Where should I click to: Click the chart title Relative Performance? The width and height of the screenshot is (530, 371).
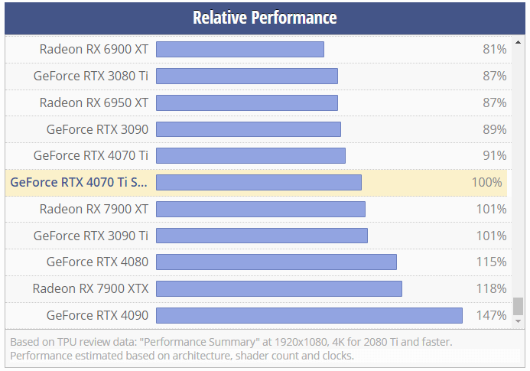click(x=265, y=17)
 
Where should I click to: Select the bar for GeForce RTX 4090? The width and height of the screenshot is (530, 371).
click(x=309, y=315)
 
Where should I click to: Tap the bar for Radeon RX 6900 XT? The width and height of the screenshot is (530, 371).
click(x=240, y=50)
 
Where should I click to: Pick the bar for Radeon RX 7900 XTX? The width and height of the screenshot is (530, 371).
click(x=279, y=288)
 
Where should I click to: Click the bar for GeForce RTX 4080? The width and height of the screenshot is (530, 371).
click(x=276, y=262)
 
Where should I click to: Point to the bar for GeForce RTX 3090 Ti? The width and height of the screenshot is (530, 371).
click(x=262, y=236)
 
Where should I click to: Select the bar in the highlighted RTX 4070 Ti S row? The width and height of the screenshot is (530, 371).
click(x=258, y=182)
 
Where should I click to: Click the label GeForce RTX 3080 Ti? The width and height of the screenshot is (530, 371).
click(x=91, y=76)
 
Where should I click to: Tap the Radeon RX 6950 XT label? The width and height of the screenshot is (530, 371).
click(x=94, y=103)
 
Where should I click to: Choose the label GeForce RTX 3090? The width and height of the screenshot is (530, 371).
click(x=97, y=129)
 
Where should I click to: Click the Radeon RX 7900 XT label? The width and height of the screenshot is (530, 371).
click(x=94, y=209)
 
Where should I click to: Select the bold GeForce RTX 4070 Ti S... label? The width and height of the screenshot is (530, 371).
click(x=79, y=182)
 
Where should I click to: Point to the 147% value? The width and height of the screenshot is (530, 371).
click(x=491, y=315)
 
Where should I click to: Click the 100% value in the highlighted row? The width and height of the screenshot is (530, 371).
click(x=487, y=182)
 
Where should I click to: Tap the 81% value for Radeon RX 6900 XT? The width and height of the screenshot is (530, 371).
click(x=494, y=50)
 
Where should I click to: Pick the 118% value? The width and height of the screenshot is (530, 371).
click(x=491, y=288)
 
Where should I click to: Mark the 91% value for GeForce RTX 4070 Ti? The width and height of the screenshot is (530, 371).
click(x=494, y=155)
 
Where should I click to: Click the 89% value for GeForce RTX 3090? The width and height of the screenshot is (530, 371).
click(x=494, y=129)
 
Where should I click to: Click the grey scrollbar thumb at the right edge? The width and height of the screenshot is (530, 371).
click(x=518, y=306)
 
